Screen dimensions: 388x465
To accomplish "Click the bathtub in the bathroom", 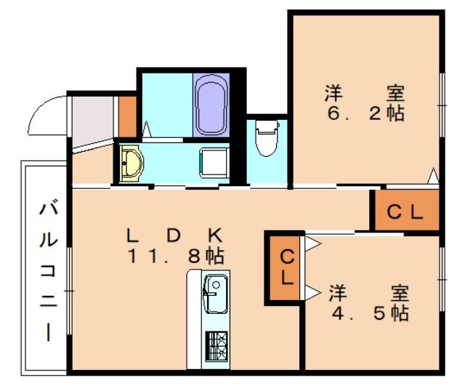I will [x=211, y=105].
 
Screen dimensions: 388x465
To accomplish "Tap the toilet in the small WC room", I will [x=267, y=138].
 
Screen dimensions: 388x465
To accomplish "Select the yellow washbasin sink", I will [x=132, y=162].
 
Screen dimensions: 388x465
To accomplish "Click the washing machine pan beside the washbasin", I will [x=215, y=162].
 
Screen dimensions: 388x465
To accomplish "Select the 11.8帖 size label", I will [x=176, y=256].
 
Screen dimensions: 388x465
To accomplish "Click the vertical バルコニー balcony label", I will [x=48, y=272].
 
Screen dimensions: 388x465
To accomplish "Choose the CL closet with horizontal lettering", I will [x=405, y=212].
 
